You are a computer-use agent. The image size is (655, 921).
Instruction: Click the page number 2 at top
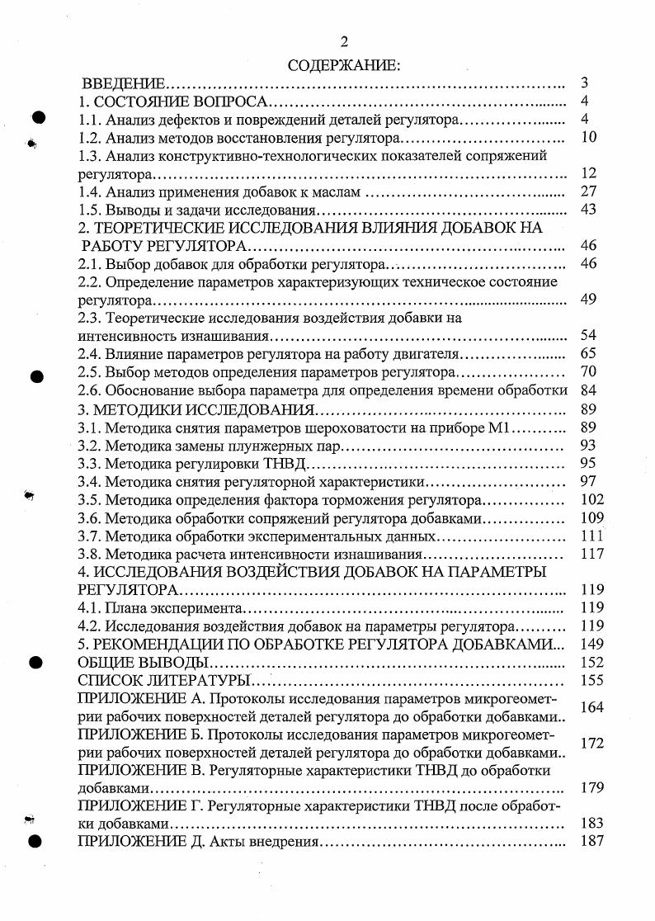(343, 42)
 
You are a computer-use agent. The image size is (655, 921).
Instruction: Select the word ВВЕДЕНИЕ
(124, 83)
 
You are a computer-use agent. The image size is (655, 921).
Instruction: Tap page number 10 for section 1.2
(587, 137)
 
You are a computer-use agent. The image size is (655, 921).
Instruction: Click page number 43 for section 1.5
(587, 210)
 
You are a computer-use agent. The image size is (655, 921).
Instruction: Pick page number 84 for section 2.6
(587, 390)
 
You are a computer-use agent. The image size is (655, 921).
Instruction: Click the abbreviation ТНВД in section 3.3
(257, 463)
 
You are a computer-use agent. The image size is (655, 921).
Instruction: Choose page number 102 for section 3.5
(591, 499)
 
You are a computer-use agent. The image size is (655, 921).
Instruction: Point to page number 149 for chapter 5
(591, 644)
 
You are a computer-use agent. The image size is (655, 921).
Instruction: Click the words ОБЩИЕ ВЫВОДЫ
(142, 662)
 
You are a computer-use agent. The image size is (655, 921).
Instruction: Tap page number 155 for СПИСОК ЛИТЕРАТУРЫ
(591, 680)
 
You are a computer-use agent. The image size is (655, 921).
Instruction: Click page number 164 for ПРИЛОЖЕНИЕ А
(591, 707)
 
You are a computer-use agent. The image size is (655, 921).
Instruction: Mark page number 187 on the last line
(591, 841)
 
